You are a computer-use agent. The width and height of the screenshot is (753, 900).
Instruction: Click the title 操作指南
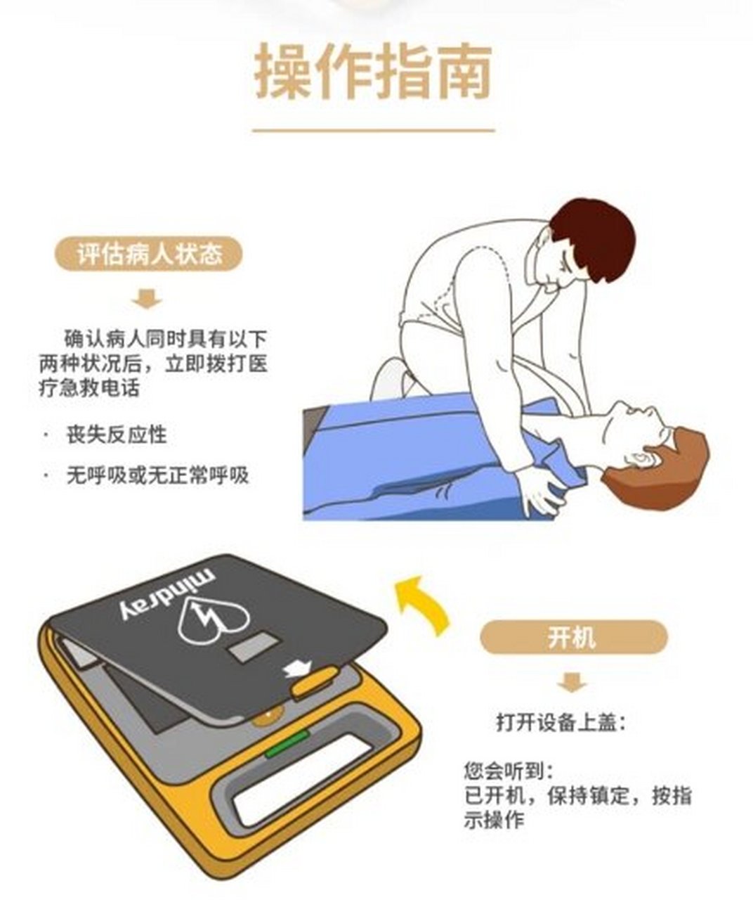(373, 71)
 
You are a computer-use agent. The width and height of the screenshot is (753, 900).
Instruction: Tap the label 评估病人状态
(149, 254)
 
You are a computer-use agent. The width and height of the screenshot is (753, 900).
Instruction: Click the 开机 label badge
(572, 637)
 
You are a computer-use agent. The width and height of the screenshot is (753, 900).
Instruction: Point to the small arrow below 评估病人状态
(148, 299)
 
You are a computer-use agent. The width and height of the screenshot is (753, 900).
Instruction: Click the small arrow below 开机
(572, 681)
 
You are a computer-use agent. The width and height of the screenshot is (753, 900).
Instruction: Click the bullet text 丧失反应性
(117, 435)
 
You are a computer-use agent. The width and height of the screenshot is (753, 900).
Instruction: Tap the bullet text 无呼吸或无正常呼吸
(157, 475)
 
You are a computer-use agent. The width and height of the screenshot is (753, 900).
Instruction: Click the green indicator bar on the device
(287, 742)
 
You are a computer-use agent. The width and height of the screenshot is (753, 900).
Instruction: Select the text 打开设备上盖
(560, 722)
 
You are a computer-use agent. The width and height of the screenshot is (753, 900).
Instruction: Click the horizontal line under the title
(373, 130)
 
